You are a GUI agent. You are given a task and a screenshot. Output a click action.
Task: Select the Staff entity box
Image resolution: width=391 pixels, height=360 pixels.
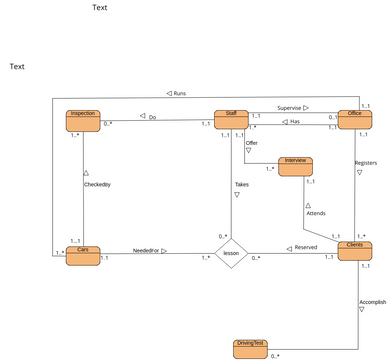click(x=231, y=121)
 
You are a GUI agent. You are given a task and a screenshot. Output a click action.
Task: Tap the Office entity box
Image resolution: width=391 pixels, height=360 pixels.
click(x=355, y=121)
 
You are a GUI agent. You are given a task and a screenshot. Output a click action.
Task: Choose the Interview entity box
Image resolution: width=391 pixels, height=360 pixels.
click(x=296, y=166)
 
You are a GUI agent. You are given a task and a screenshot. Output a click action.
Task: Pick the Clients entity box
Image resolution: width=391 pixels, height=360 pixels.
click(x=355, y=251)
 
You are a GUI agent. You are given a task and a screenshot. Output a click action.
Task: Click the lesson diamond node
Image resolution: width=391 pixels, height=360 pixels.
click(x=231, y=254)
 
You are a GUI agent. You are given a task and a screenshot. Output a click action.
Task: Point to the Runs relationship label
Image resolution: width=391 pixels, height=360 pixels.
click(x=179, y=93)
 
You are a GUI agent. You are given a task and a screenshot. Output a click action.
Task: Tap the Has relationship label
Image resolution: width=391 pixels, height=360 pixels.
click(x=295, y=122)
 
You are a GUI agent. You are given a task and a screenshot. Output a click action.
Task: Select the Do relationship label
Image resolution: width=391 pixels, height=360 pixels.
click(x=152, y=117)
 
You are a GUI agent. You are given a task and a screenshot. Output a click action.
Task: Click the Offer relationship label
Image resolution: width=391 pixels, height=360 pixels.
click(x=252, y=143)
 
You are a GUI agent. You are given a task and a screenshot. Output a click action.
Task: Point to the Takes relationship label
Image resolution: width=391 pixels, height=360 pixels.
click(x=242, y=185)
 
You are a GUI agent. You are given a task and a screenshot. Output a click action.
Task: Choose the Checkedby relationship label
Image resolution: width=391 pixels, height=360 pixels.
click(x=97, y=185)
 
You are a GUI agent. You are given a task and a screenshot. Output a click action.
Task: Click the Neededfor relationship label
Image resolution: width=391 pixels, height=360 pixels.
click(x=150, y=251)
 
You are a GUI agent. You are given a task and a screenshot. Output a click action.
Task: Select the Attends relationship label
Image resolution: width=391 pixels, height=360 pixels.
click(x=315, y=213)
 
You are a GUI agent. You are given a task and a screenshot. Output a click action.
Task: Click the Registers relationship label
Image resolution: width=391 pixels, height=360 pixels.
click(x=366, y=162)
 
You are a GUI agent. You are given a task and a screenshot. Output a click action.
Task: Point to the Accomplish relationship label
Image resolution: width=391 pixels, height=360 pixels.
click(x=373, y=301)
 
